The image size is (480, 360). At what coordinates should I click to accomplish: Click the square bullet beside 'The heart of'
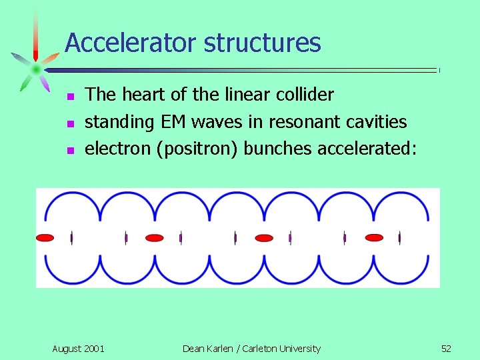[71, 97]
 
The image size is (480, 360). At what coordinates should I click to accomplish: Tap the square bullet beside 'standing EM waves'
[71, 124]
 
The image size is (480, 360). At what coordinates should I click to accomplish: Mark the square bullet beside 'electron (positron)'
[71, 151]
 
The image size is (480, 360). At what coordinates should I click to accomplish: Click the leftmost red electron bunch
[45, 237]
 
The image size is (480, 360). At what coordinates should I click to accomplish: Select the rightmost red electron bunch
[374, 237]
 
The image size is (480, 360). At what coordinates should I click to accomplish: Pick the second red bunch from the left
[155, 237]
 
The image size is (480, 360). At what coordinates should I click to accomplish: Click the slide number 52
[446, 349]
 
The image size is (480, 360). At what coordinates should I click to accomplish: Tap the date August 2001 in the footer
[78, 349]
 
